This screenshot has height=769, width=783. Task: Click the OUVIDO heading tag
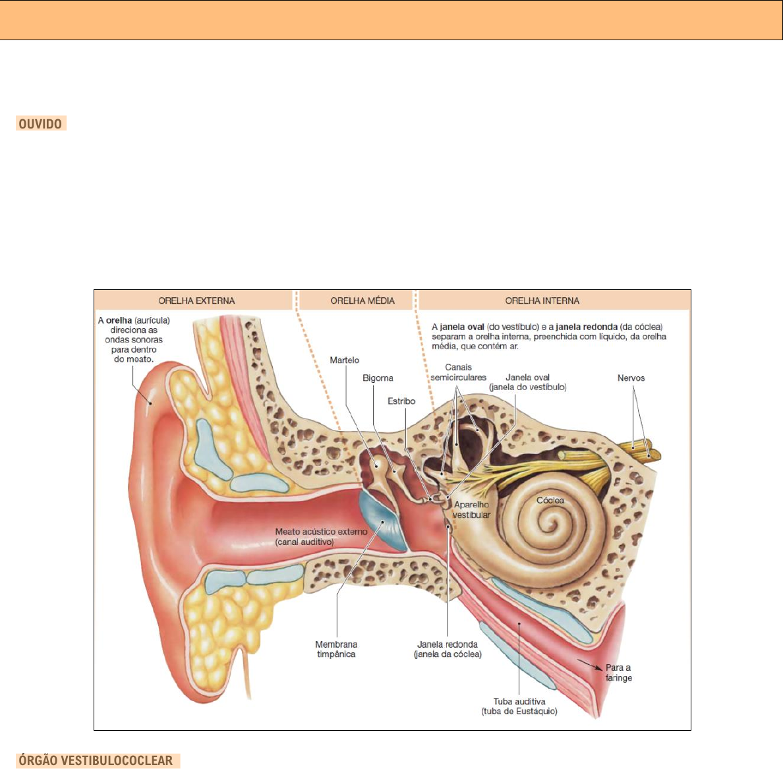click(x=40, y=124)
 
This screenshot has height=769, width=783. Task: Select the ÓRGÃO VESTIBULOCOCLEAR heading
click(x=96, y=760)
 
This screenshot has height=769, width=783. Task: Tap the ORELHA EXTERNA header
click(x=196, y=300)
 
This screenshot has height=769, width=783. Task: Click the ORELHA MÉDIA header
click(x=362, y=300)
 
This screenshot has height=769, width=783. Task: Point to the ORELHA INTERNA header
click(x=542, y=300)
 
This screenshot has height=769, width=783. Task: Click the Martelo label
click(x=345, y=360)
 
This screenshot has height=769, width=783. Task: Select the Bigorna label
click(x=378, y=378)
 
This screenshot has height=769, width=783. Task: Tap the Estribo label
click(x=401, y=401)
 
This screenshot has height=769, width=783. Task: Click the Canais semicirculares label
click(x=459, y=372)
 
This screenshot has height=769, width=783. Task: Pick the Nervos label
click(x=631, y=378)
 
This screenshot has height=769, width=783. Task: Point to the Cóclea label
click(x=550, y=500)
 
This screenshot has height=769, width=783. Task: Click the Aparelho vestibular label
click(x=471, y=509)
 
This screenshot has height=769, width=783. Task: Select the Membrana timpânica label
click(x=336, y=649)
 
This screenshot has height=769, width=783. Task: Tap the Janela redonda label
click(x=448, y=649)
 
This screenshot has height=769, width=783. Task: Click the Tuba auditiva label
click(x=519, y=706)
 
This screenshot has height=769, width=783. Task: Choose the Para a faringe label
click(x=618, y=672)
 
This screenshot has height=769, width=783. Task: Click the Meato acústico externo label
click(x=321, y=536)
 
